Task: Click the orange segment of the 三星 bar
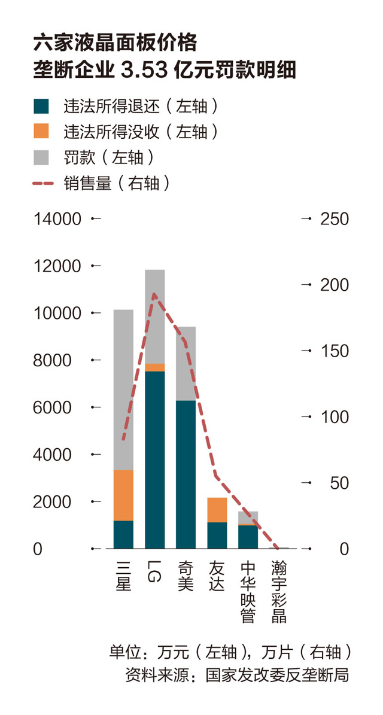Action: pyautogui.click(x=123, y=495)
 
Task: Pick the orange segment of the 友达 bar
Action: pyautogui.click(x=217, y=510)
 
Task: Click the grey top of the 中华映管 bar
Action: pyautogui.click(x=248, y=518)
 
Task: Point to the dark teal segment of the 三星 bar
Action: pyautogui.click(x=123, y=534)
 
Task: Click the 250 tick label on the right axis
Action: pyautogui.click(x=334, y=219)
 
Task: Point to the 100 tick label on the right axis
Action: pyautogui.click(x=334, y=417)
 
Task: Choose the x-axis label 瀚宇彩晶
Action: pyautogui.click(x=278, y=591)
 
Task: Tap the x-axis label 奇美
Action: pyautogui.click(x=186, y=575)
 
